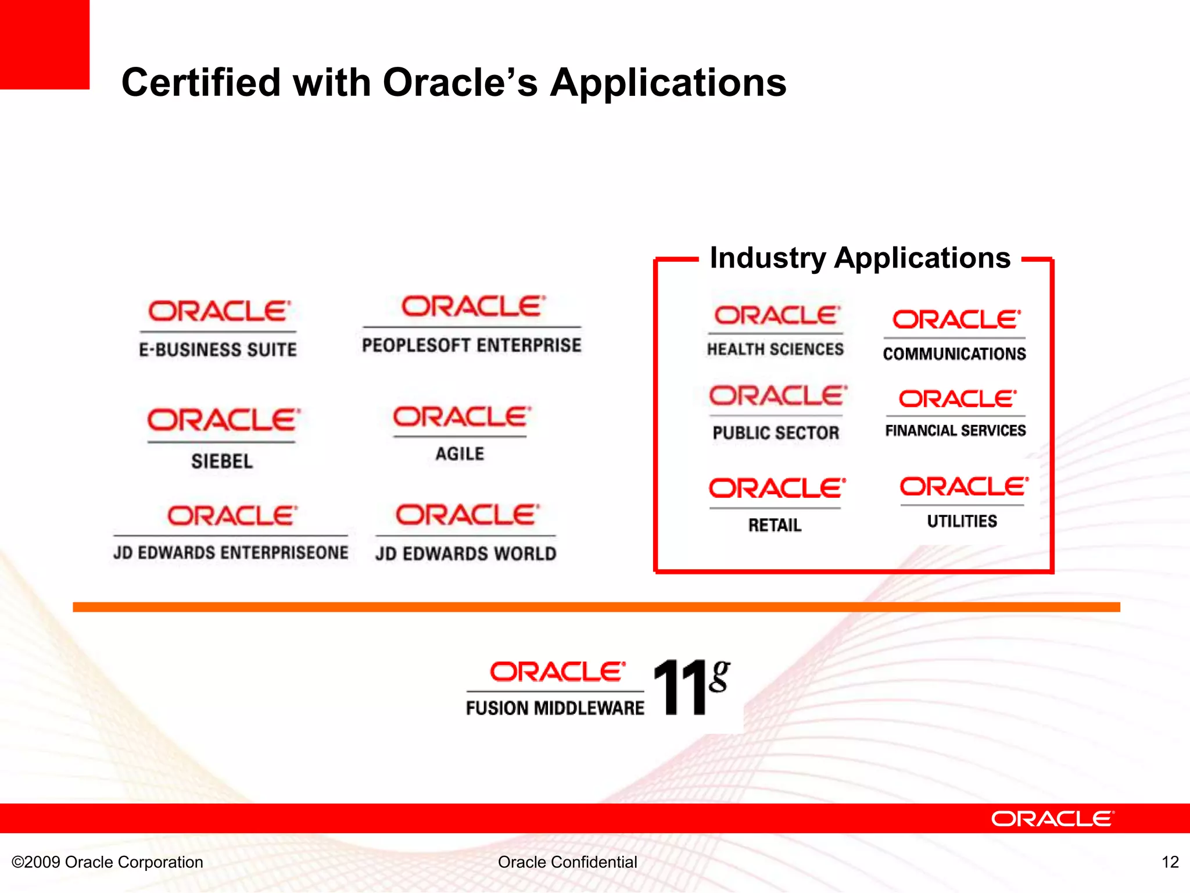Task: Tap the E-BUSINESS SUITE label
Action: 218,349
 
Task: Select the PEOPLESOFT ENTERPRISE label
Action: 471,345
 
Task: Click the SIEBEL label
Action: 222,461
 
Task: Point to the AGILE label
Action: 460,453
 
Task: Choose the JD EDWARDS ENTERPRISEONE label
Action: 231,552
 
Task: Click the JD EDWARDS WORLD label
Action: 465,553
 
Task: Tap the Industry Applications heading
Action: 860,258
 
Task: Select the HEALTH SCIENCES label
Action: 775,349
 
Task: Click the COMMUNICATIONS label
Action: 954,353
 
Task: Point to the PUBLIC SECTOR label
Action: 776,433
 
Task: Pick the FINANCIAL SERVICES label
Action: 955,430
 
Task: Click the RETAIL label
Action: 775,525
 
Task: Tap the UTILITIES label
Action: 962,521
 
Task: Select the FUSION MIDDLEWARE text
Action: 555,708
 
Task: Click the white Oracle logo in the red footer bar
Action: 1052,819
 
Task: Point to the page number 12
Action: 1170,862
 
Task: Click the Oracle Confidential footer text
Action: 567,862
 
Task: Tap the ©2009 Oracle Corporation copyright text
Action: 107,862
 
